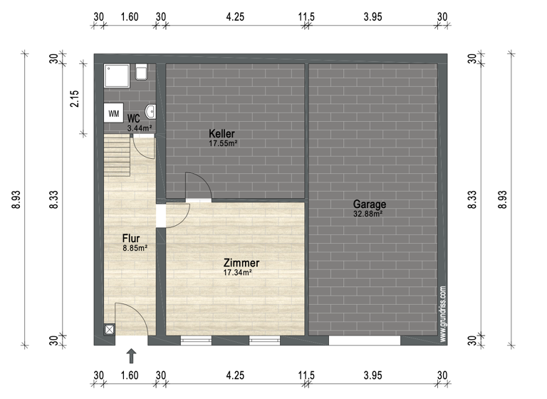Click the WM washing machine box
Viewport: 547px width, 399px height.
pyautogui.click(x=113, y=113)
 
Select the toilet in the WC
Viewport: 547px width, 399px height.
pyautogui.click(x=141, y=72)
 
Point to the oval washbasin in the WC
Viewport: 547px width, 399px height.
pyautogui.click(x=150, y=111)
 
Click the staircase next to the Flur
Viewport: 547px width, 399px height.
pyautogui.click(x=118, y=157)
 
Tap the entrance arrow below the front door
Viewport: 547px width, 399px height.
pyautogui.click(x=131, y=355)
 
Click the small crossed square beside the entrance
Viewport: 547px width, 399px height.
pyautogui.click(x=109, y=330)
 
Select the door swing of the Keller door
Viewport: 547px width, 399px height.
pyautogui.click(x=196, y=185)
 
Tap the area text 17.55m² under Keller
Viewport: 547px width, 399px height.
pyautogui.click(x=222, y=143)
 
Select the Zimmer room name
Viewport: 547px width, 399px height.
pyautogui.click(x=241, y=263)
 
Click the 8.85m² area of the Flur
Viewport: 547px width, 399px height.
pyautogui.click(x=135, y=248)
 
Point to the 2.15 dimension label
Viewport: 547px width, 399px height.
pyautogui.click(x=74, y=98)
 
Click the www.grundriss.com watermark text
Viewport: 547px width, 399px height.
pyautogui.click(x=442, y=313)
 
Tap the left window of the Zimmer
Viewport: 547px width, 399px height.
pyautogui.click(x=197, y=341)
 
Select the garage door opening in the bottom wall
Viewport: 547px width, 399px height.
pyautogui.click(x=364, y=341)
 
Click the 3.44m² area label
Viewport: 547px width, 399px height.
pyautogui.click(x=139, y=128)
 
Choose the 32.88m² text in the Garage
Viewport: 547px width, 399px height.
pyautogui.click(x=368, y=213)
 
